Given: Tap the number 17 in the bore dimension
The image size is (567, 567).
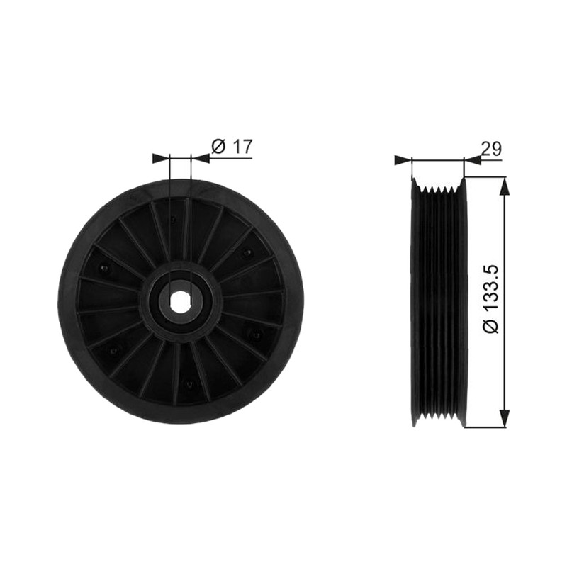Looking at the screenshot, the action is click(241, 147).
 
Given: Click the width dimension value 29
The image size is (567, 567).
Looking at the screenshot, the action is click(491, 149).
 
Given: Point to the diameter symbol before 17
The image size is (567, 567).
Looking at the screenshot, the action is click(218, 147).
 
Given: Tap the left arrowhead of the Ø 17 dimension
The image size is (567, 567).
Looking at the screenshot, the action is click(161, 158).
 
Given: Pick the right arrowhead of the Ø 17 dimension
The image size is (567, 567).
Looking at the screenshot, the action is click(200, 158).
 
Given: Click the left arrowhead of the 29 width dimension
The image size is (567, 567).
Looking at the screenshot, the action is click(403, 159).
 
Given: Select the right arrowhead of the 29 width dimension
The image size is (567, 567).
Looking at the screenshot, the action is click(472, 159).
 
